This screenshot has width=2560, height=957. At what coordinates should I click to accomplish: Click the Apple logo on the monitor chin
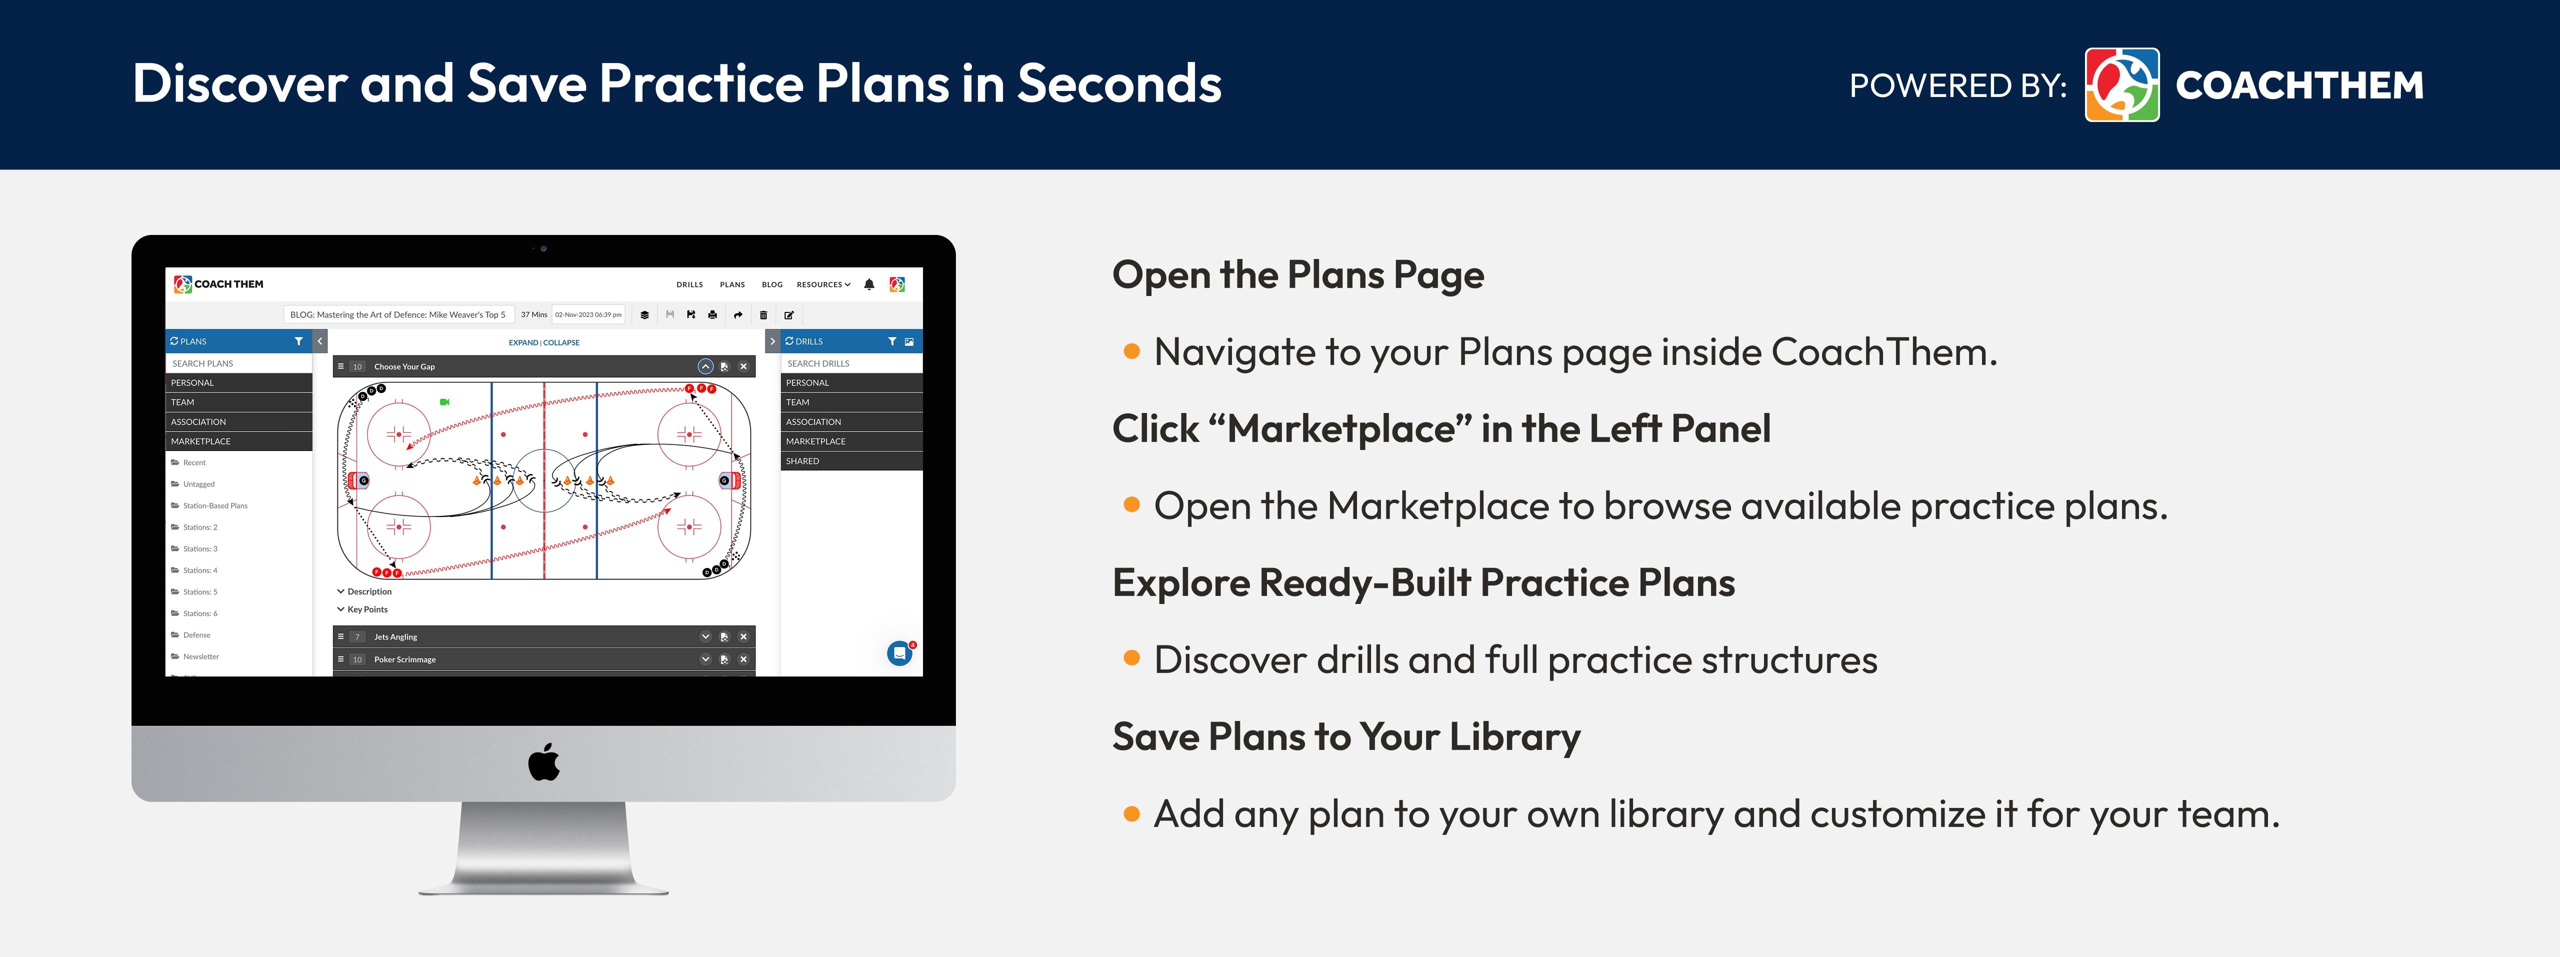coord(543,762)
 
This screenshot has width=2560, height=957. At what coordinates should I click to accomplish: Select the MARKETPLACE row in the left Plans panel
coord(238,441)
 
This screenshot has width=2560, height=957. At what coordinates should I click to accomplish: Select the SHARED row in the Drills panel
coord(850,461)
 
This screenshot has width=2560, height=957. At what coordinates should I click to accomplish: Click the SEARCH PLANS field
coord(238,363)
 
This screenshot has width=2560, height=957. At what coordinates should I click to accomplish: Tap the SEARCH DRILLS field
coord(850,363)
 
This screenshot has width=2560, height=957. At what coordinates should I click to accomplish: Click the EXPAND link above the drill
coord(522,343)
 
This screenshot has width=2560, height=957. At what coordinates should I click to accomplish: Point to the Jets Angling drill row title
coord(395,637)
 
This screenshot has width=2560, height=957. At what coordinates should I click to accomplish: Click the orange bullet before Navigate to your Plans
coord(1131,352)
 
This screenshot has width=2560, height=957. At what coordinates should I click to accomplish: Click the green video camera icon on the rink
coord(444,402)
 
